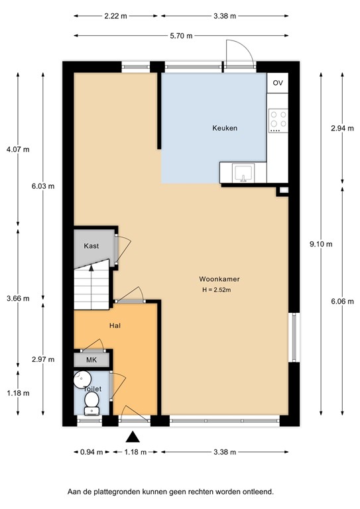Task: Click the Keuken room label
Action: tap(225, 128)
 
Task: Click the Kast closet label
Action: tap(91, 246)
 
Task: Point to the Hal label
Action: tap(115, 325)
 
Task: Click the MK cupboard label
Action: tap(91, 359)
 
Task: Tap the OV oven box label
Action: tap(277, 83)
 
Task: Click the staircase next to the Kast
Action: tap(91, 286)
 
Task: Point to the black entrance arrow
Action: tap(133, 436)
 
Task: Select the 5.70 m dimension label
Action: tap(180, 36)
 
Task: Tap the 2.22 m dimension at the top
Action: tap(116, 16)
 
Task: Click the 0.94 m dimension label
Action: tap(91, 453)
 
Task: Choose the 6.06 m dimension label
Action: tap(338, 299)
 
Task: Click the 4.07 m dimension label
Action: tap(18, 149)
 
